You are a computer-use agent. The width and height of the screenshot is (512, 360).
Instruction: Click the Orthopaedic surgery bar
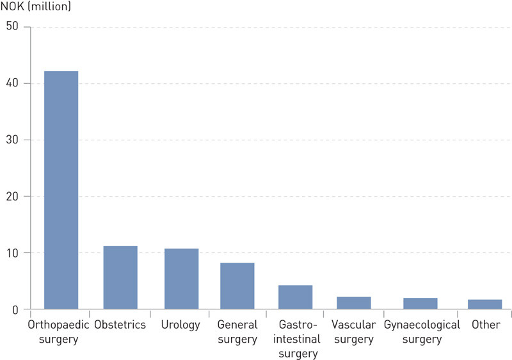(x=61, y=190)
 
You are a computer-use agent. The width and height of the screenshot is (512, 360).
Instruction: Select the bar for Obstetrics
(x=120, y=277)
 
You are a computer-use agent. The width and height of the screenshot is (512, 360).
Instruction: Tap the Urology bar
(x=181, y=279)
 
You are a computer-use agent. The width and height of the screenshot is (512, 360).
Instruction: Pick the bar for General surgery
(x=237, y=286)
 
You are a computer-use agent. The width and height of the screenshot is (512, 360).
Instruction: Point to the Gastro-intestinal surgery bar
(x=295, y=297)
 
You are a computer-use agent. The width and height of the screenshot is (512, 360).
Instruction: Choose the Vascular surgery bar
(x=354, y=303)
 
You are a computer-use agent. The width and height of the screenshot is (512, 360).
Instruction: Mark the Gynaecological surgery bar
(x=420, y=304)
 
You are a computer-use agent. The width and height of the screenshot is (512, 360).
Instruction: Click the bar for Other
(x=485, y=304)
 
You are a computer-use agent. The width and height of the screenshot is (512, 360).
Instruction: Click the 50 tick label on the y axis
(x=13, y=27)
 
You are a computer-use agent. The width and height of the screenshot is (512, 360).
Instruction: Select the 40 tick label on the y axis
(x=13, y=83)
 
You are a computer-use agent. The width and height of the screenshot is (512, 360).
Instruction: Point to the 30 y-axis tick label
(x=13, y=140)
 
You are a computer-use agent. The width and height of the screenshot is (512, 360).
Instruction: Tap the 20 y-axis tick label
(x=13, y=196)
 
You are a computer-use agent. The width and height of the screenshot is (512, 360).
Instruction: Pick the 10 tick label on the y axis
(x=13, y=253)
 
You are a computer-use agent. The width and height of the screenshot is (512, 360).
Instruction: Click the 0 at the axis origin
(x=16, y=309)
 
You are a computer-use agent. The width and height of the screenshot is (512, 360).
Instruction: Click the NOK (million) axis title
(x=36, y=8)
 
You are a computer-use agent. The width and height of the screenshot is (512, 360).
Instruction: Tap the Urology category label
(x=181, y=325)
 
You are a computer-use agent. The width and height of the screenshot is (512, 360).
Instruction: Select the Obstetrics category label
(x=120, y=325)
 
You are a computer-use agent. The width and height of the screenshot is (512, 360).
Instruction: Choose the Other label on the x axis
(x=486, y=325)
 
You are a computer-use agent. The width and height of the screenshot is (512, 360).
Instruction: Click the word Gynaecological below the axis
(x=422, y=325)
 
